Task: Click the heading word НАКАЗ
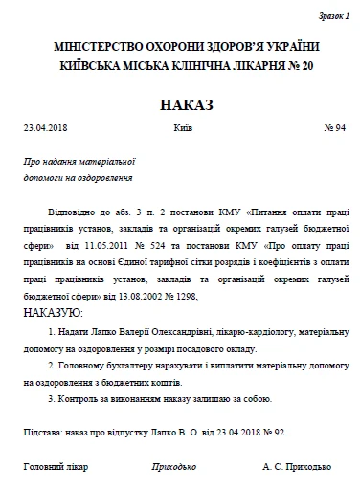pyautogui.click(x=180, y=102)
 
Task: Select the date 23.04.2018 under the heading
pyautogui.click(x=44, y=127)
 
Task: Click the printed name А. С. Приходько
pyautogui.click(x=297, y=468)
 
